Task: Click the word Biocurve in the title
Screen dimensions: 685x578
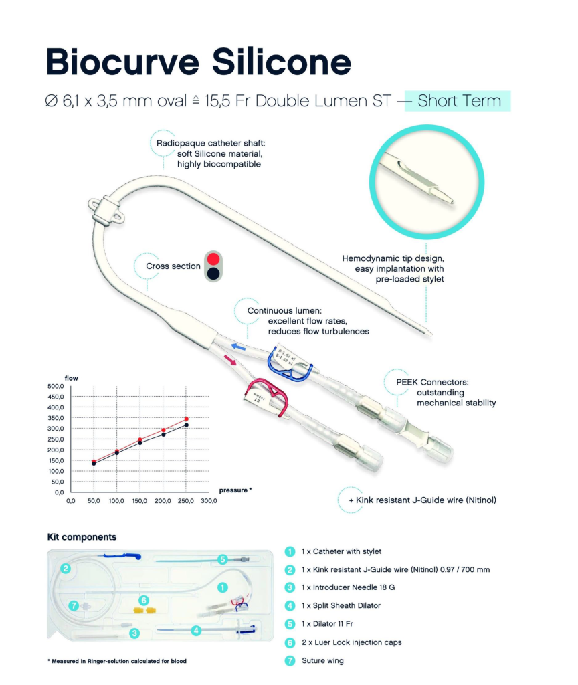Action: pos(122,62)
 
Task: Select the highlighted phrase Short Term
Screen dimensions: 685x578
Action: pos(459,101)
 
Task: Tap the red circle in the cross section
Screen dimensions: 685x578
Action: pos(213,259)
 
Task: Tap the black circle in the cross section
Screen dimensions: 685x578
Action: pos(213,273)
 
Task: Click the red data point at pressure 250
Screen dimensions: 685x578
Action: pos(187,419)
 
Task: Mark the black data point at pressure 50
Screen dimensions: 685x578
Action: pos(94,464)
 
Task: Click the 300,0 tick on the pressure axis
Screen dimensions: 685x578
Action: pos(209,500)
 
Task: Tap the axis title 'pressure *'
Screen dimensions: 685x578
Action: pos(235,490)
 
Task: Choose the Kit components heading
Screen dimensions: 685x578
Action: pos(82,536)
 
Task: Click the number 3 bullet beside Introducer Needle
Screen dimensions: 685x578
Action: pos(290,587)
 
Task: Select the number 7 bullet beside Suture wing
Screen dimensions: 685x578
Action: pos(290,660)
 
